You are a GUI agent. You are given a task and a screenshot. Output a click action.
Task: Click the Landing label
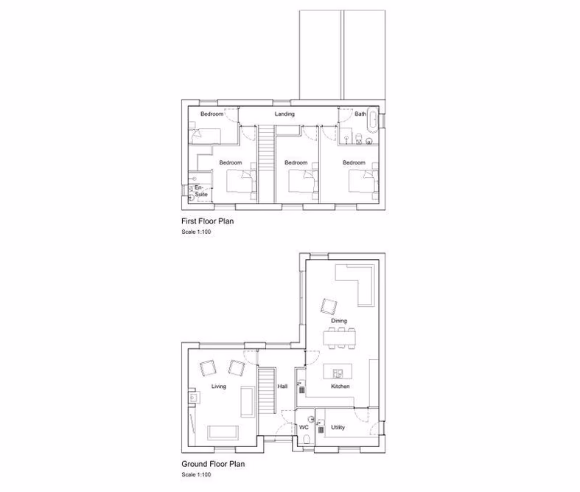(x=284, y=114)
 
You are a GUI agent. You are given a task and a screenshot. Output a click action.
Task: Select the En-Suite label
(x=198, y=190)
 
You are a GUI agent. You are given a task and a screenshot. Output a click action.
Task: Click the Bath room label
(x=360, y=114)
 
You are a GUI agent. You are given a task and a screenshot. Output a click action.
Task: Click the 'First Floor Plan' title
(x=208, y=221)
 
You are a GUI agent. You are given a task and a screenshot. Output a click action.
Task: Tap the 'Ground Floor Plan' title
(x=213, y=465)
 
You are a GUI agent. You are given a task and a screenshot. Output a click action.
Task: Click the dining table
(x=338, y=339)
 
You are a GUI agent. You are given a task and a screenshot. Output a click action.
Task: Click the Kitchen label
(x=339, y=387)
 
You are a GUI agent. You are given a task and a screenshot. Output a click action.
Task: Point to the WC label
(x=303, y=427)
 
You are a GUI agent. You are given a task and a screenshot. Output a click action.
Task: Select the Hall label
(x=282, y=387)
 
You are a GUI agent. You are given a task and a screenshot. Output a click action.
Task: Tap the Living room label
(x=219, y=387)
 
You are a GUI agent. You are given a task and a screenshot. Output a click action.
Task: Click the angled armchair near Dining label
(x=327, y=305)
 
